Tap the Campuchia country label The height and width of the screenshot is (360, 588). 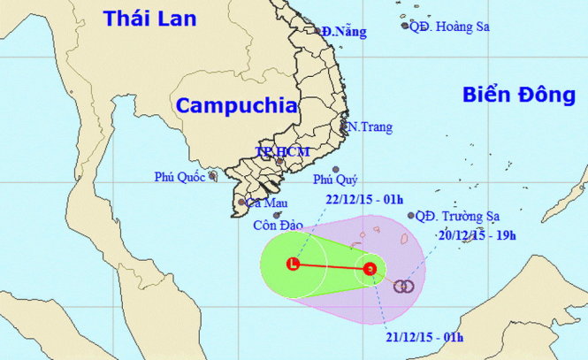pyautogui.click(x=236, y=105)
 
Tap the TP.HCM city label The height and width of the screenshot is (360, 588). pyautogui.click(x=281, y=152)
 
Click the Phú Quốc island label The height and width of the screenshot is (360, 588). pyautogui.click(x=179, y=177)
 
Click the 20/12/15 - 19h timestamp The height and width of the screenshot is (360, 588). pyautogui.click(x=477, y=236)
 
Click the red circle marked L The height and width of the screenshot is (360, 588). pyautogui.click(x=293, y=263)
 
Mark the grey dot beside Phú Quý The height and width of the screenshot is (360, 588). pyautogui.click(x=336, y=171)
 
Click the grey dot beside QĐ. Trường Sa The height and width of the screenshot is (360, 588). pyautogui.click(x=411, y=215)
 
